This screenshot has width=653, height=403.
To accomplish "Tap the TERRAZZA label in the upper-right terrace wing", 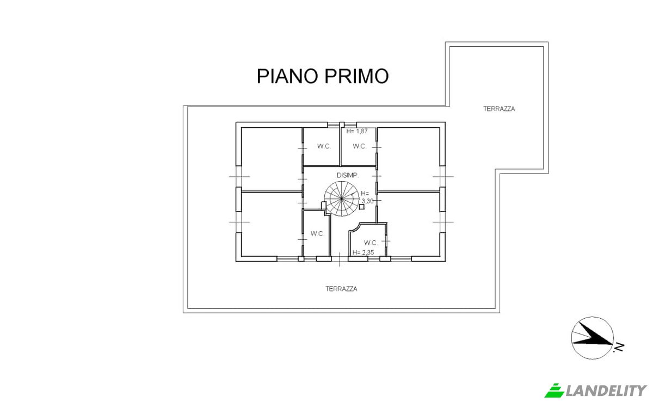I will (498, 109).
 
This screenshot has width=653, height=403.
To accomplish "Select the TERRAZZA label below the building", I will (341, 289).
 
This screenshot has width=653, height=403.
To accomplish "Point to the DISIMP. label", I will (347, 175).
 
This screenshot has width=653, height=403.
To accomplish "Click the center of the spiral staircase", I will (339, 199).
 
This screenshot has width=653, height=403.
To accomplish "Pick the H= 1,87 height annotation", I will (358, 131).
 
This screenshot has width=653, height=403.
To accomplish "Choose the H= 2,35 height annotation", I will (363, 252).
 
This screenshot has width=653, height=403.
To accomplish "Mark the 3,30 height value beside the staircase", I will (367, 201).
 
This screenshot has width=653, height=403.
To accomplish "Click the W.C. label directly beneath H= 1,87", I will (359, 146).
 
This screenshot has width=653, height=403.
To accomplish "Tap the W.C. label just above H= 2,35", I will (371, 243).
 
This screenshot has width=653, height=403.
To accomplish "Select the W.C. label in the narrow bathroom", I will (317, 234).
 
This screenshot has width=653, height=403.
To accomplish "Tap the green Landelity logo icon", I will (555, 390).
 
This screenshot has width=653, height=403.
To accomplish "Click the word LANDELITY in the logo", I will (606, 390).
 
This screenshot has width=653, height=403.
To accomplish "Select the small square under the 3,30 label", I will (362, 207).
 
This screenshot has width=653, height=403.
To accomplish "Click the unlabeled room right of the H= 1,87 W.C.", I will (408, 158).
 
